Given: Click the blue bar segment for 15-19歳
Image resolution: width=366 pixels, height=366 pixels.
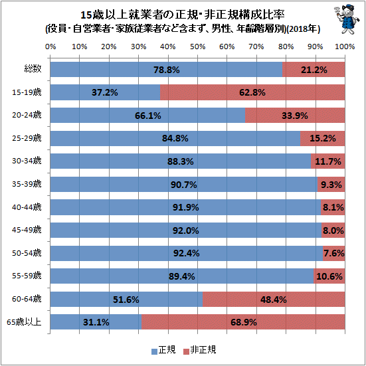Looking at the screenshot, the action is (105, 92).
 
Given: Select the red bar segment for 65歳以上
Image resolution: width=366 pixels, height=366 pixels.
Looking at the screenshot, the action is (243, 321).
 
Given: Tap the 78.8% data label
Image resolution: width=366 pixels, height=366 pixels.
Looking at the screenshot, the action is (167, 70).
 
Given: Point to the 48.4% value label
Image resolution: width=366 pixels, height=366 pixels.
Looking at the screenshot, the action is (273, 300).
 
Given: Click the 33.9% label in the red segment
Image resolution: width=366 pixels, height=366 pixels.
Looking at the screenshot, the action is (295, 116).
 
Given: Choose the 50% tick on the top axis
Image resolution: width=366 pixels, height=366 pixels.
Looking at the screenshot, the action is (197, 46).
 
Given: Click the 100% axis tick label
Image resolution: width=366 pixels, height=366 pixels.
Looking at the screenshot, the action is (345, 46).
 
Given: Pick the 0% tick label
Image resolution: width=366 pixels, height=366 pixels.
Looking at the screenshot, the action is (50, 46).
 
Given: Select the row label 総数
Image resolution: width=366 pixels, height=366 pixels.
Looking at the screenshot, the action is (33, 69).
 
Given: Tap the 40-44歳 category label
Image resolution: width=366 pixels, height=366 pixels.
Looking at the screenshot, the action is (27, 207).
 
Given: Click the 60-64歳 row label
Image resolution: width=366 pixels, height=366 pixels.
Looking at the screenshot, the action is (27, 299).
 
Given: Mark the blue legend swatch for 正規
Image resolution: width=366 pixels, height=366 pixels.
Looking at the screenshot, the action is (154, 352).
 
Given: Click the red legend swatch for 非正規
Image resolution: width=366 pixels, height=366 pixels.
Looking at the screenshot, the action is (186, 352).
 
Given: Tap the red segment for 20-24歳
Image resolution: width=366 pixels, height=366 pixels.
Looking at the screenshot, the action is (295, 116).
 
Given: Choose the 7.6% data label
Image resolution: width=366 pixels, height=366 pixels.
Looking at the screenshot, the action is (334, 253).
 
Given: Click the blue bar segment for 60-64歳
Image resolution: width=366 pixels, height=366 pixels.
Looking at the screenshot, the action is (126, 299).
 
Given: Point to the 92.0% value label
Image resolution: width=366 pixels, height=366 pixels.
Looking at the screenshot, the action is (185, 230).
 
